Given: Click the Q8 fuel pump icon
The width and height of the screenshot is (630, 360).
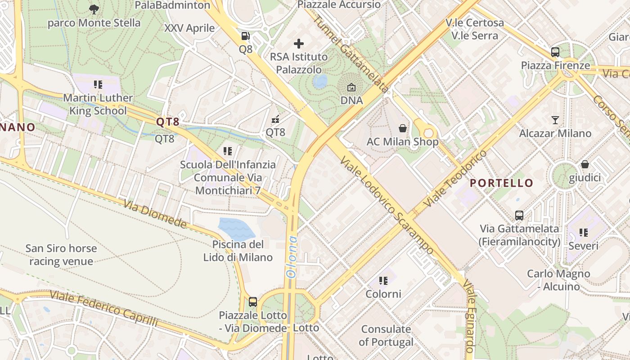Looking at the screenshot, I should pos(245,36).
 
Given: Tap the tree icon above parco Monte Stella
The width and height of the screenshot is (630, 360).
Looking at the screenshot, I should pos(94,9).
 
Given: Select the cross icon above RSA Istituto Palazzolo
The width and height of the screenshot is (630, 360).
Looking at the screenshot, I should pos(299,44).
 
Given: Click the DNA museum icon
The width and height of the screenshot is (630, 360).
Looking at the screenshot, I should pos(351,87).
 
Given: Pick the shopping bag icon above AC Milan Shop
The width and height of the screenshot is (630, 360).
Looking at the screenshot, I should pos(403,128).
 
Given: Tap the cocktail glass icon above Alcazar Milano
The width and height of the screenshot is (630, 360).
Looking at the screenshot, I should pos(555,120).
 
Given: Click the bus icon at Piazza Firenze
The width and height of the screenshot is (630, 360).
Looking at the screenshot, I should pos(555,52).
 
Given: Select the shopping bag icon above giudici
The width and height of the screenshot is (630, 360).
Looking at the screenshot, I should pos(585,164).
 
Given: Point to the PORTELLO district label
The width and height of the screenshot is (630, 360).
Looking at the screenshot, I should pos(502,183).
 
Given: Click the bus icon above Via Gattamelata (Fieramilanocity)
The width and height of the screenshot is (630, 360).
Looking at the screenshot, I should pos(519,215).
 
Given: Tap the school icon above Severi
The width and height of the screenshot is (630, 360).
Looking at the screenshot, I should pos(584,233).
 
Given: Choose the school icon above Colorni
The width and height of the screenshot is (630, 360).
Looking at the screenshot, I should pos(383,281).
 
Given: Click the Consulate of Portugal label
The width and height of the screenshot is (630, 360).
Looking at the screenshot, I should pos(386,336).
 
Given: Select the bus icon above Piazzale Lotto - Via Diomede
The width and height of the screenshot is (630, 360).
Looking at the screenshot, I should pos(253,301).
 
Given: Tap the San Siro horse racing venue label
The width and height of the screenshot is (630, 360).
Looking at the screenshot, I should pos(61,255).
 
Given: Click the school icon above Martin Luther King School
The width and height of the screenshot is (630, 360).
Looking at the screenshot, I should pos(98,84).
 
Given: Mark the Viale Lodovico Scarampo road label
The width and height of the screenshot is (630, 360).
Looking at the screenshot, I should pos(387,205).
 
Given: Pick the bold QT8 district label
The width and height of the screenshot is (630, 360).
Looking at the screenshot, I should pos(168,121).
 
